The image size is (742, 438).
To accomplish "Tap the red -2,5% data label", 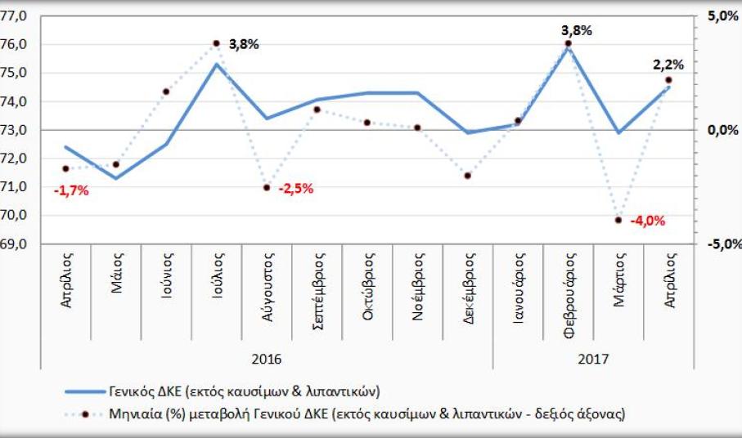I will (x=295, y=188).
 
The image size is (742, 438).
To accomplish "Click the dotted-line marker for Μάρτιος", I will (x=618, y=220).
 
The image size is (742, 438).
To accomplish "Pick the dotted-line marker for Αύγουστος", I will (x=267, y=187).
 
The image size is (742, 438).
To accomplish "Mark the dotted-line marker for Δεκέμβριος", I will (x=468, y=176).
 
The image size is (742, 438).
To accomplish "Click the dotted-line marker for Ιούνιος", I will (x=166, y=92).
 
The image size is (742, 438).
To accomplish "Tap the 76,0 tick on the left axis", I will (x=16, y=44).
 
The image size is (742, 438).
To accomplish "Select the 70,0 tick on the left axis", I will (x=16, y=216).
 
